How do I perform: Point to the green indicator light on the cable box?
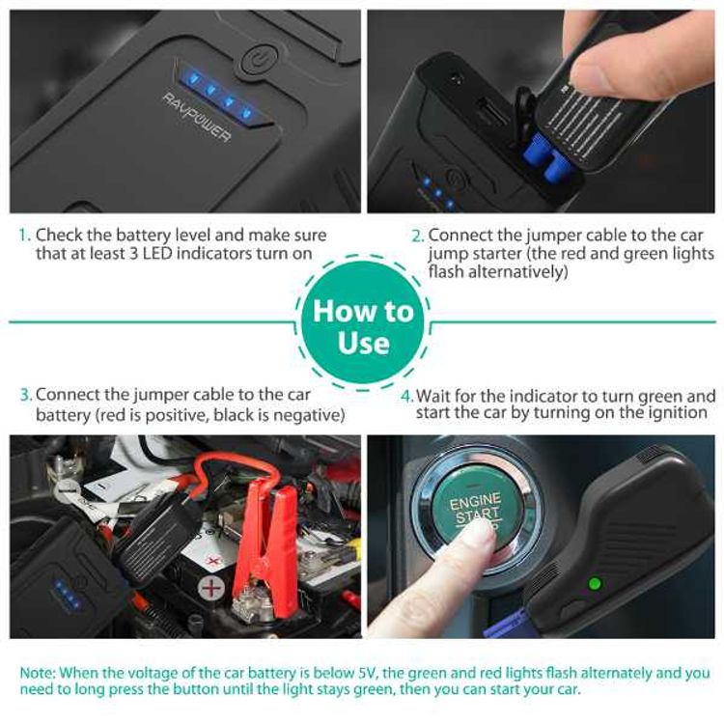tap(595, 583)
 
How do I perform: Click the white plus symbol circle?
tap(211, 587)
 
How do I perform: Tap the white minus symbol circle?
tap(67, 491)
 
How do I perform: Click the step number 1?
tap(24, 236)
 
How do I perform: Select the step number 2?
tap(417, 236)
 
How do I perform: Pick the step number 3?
tap(25, 395)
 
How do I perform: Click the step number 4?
tap(407, 396)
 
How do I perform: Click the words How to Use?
tap(363, 326)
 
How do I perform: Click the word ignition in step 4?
tap(678, 413)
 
